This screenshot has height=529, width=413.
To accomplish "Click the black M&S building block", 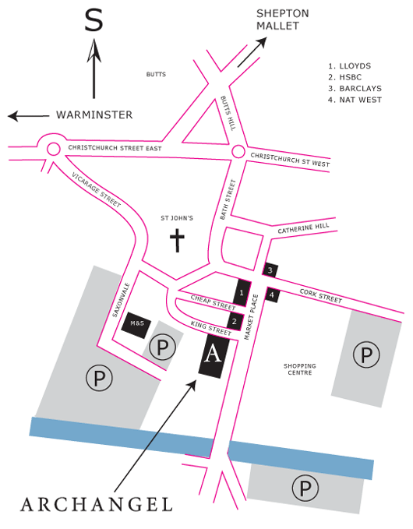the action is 136,325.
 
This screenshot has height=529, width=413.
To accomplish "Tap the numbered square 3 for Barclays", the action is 270,270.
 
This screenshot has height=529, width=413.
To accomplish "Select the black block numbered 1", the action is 242,293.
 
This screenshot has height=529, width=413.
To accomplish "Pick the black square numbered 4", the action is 272,294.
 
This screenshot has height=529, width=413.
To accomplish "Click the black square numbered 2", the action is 235,321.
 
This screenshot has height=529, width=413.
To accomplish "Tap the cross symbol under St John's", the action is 177,240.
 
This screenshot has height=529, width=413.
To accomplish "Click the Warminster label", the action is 94,115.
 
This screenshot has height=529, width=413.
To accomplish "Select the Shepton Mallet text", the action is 283,19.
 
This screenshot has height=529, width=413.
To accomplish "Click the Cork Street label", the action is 320,296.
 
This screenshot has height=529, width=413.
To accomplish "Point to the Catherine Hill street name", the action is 303,228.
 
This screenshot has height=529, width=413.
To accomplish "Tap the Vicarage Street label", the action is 96,189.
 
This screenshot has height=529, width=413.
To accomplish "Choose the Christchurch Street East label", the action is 115,148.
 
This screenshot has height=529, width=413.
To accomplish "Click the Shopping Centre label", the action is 300,369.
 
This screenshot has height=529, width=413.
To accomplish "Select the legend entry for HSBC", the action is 345,77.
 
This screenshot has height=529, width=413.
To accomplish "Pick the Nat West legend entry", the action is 355,100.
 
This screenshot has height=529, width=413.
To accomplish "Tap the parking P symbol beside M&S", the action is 162,347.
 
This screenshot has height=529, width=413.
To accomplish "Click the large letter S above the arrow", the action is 94,20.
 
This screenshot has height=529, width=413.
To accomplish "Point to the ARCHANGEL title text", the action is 97,505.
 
